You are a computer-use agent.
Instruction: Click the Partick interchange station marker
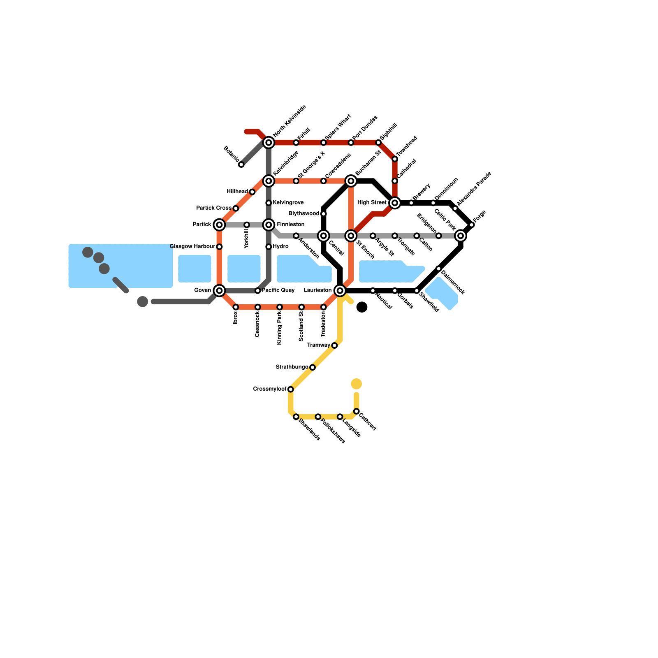click(x=219, y=225)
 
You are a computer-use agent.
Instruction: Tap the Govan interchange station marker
click(x=219, y=291)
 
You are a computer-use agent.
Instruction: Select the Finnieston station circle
click(x=269, y=225)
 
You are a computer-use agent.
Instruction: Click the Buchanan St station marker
click(x=351, y=181)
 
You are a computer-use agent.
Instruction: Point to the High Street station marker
click(x=395, y=203)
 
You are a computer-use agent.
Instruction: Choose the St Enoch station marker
click(x=351, y=236)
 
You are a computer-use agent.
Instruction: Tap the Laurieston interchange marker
click(x=340, y=291)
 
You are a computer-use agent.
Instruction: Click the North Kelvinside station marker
click(x=269, y=143)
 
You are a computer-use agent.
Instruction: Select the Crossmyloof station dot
click(x=291, y=389)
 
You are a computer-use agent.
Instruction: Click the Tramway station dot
click(x=334, y=345)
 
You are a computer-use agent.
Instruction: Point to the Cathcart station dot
click(x=356, y=411)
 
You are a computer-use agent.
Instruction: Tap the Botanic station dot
click(x=241, y=164)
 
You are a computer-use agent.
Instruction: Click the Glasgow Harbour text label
click(x=192, y=247)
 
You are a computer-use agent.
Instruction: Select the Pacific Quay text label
click(x=278, y=290)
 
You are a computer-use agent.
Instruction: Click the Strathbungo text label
click(x=292, y=367)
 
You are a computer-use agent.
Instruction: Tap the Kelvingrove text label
click(x=288, y=203)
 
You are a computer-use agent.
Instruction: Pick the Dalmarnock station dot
click(x=439, y=269)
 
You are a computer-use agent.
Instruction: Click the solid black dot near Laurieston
click(x=362, y=307)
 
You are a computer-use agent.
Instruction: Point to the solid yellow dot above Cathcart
click(x=356, y=384)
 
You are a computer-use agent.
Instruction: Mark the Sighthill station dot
click(x=378, y=143)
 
